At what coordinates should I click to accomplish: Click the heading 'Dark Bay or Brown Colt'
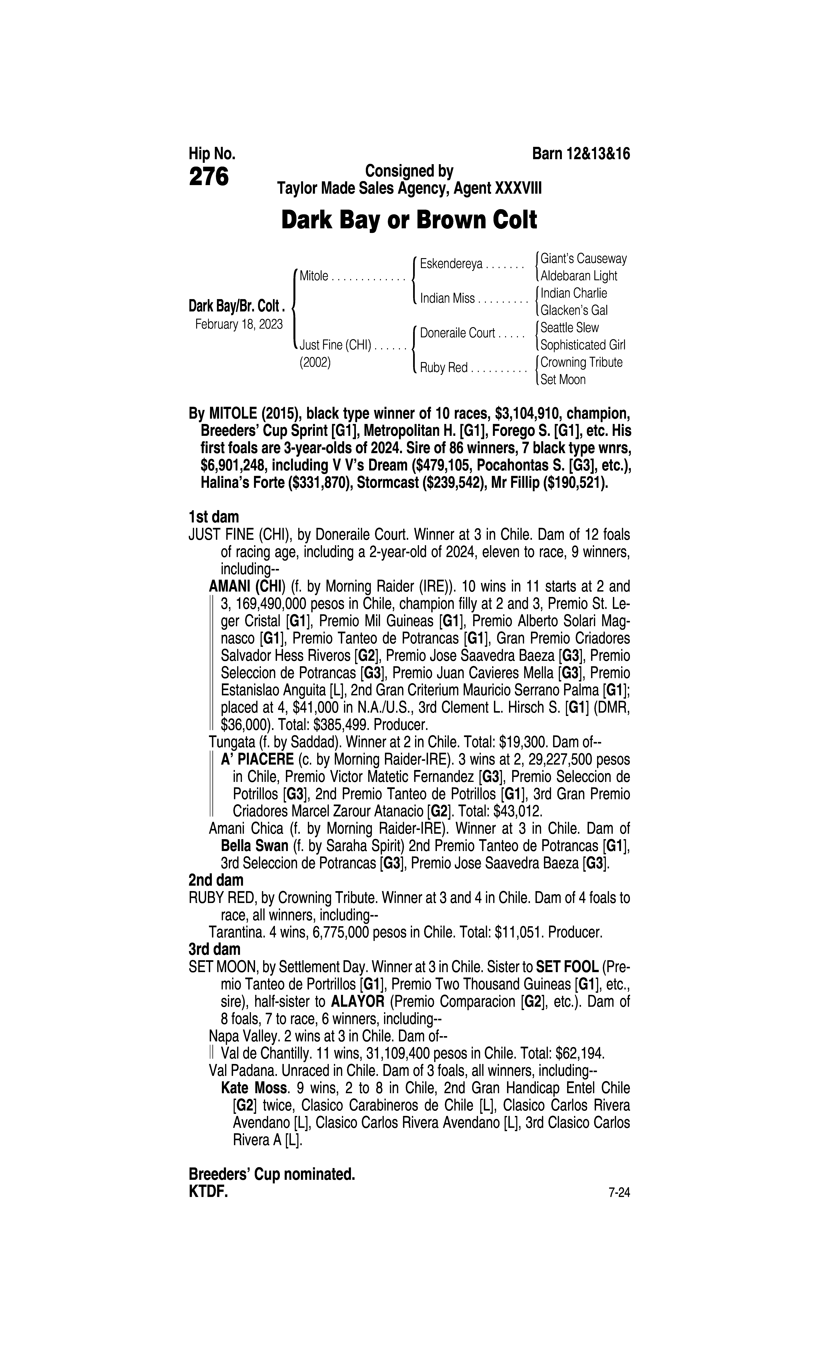click(x=409, y=220)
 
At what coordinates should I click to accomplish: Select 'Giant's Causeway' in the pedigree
click(x=583, y=258)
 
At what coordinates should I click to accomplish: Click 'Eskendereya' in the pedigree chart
click(x=452, y=264)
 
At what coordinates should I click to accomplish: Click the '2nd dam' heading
click(x=216, y=880)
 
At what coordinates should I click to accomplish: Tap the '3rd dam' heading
click(x=215, y=949)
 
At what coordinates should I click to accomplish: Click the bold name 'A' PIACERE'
click(x=257, y=759)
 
